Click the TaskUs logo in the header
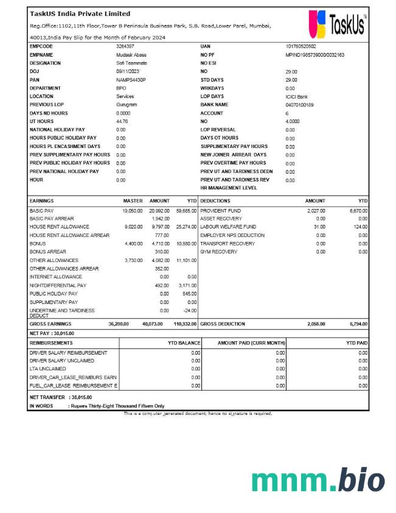click(x=338, y=24)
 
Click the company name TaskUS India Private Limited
click(x=80, y=13)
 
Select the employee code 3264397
click(x=125, y=46)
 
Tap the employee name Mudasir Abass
click(x=131, y=55)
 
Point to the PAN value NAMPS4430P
click(x=131, y=80)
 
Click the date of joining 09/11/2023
click(x=128, y=71)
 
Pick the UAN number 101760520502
click(x=300, y=46)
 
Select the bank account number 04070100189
click(x=299, y=105)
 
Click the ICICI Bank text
click(x=297, y=96)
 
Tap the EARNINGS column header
click(x=41, y=200)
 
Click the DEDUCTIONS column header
click(x=215, y=200)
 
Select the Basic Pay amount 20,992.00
click(x=159, y=211)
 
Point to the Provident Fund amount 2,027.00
click(x=316, y=211)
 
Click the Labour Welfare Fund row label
click(x=228, y=227)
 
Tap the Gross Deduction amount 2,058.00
click(x=316, y=324)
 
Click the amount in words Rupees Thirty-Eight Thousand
click(x=116, y=406)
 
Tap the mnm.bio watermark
click(x=318, y=481)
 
